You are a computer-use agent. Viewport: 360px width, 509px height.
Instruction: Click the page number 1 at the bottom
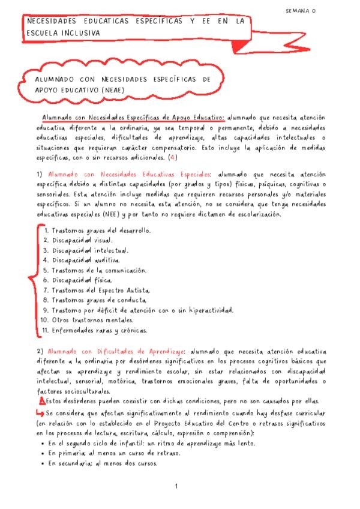click(x=176, y=487)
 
